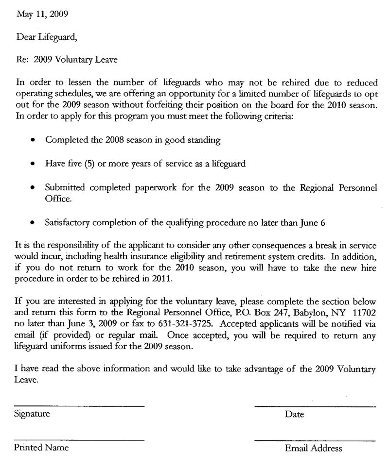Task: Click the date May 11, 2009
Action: [42, 14]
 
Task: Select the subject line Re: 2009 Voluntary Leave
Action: [67, 60]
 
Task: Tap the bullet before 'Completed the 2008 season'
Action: [32, 140]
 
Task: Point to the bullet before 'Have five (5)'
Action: [32, 164]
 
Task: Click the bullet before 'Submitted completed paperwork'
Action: [32, 187]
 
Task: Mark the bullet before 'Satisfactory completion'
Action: [32, 223]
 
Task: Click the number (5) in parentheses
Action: [88, 164]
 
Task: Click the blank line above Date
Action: [315, 406]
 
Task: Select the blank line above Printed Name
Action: [79, 440]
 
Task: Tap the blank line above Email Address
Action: [315, 441]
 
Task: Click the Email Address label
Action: [314, 449]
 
